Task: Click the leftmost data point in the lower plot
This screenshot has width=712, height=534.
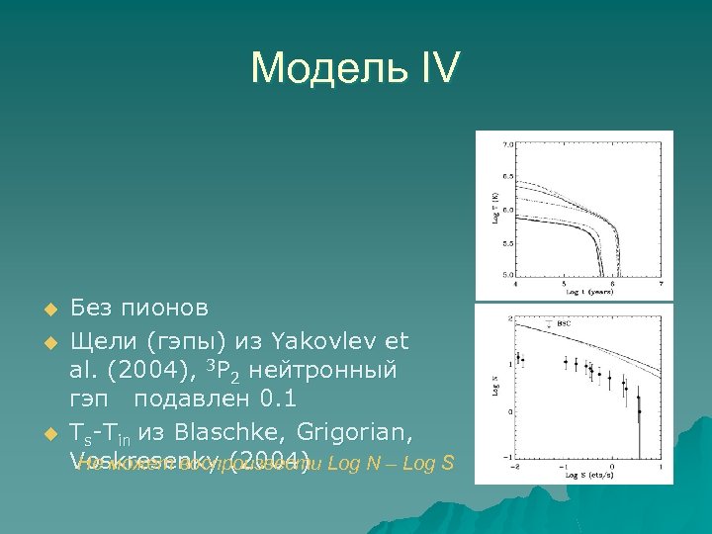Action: pos(517,357)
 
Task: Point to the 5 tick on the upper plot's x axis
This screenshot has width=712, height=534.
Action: pos(564,286)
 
